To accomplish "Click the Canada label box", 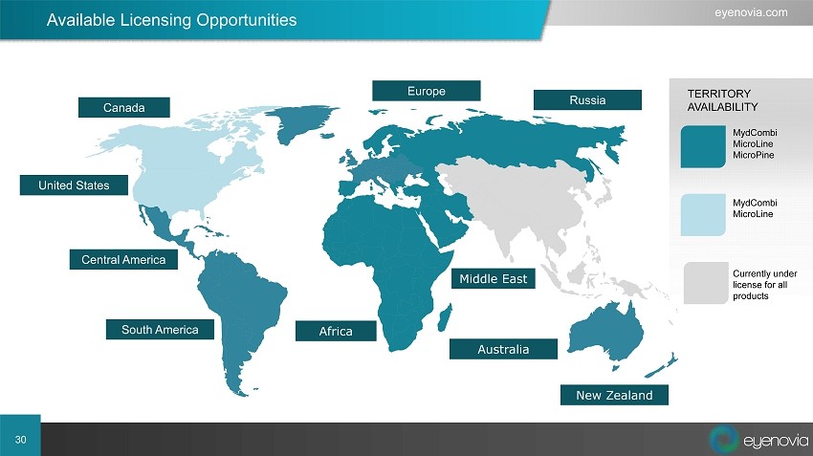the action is [124, 107].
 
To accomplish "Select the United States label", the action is [74, 185].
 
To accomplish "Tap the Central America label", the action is [123, 259].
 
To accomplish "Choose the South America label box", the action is [160, 329].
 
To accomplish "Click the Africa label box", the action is [336, 331].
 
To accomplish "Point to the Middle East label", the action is [494, 278].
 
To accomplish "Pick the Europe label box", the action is [427, 91].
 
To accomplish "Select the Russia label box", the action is [587, 99].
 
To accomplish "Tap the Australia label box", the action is [503, 349].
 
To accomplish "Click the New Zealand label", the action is [614, 395].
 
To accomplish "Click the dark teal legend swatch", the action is [703, 146].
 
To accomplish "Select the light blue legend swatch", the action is [703, 215].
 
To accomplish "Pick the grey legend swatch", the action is [706, 283].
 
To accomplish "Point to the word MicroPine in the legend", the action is [754, 155].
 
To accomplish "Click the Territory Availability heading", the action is [722, 100].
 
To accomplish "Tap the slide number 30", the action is [20, 440].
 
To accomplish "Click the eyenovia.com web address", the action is [751, 12].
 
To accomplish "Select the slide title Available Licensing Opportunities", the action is [171, 20].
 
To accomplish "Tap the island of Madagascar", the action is [445, 317].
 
